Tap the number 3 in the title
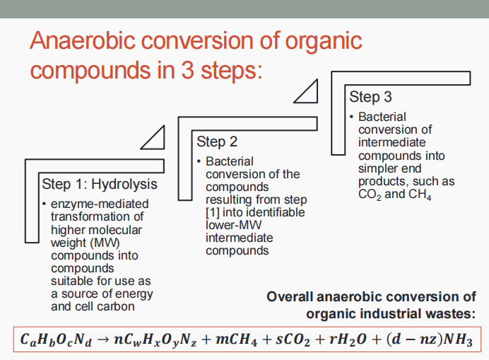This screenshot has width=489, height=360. point(188,70)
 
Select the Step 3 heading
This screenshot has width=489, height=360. point(370,97)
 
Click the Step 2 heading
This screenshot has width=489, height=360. point(217,141)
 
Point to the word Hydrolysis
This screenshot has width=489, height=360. point(124,184)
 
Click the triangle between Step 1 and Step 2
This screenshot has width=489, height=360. point(153,137)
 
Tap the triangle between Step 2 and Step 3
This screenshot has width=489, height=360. point(305,91)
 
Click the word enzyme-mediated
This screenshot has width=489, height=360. point(100,204)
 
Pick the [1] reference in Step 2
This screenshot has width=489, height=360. point(213,213)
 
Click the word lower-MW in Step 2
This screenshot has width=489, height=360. point(234,225)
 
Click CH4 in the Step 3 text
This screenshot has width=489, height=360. point(420,194)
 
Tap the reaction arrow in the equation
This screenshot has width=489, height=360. point(102,339)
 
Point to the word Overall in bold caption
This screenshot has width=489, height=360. point(290,296)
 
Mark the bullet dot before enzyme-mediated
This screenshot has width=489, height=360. point(45,204)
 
